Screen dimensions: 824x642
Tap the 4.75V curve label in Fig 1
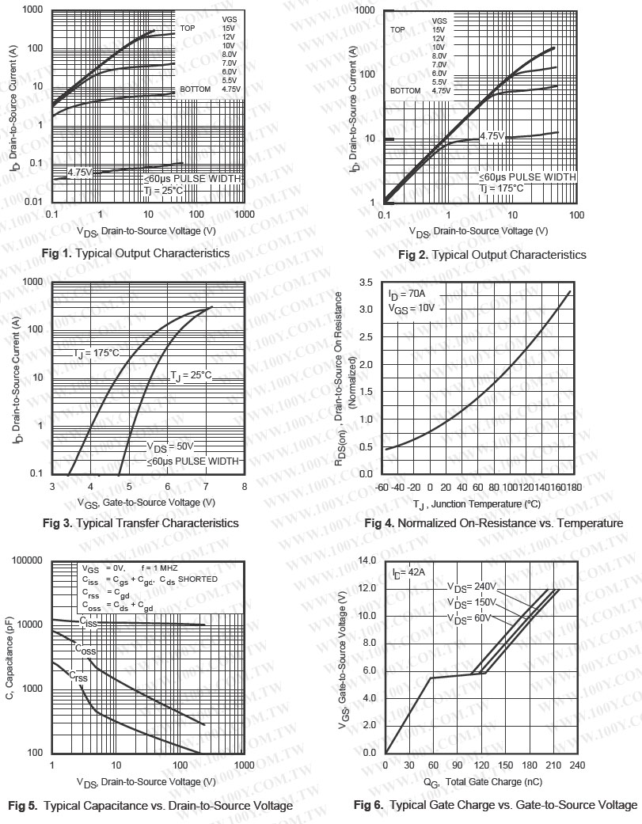pyautogui.click(x=80, y=172)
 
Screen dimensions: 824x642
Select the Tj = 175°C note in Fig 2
pyautogui.click(x=501, y=188)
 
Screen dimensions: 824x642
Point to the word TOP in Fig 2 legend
pyautogui.click(x=397, y=29)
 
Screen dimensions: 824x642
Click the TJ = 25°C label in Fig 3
pyautogui.click(x=192, y=375)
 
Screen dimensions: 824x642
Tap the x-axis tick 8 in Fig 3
pyautogui.click(x=244, y=487)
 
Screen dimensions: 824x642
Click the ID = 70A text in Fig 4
pyautogui.click(x=407, y=295)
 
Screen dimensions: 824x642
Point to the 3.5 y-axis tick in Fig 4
pyautogui.click(x=367, y=282)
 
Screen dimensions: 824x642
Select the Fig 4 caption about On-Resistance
pyautogui.click(x=494, y=523)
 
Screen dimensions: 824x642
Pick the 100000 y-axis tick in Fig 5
pyautogui.click(x=25, y=560)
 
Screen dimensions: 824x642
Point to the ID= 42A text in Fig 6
pyautogui.click(x=409, y=571)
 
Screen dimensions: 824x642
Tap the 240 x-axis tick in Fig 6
pyautogui.click(x=577, y=765)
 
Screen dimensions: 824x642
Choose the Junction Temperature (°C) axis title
pyautogui.click(x=477, y=504)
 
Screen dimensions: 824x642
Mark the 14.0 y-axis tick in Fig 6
pyautogui.click(x=367, y=560)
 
